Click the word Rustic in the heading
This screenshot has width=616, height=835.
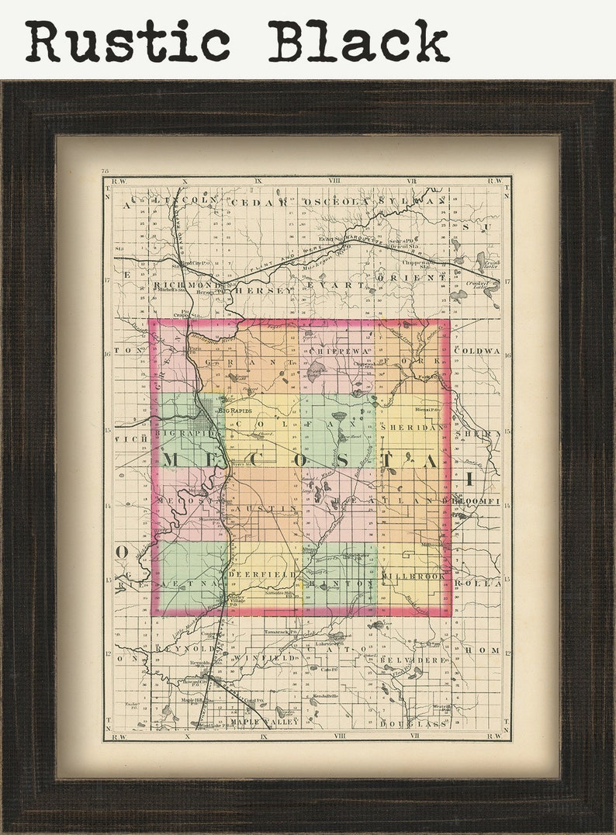[127, 40]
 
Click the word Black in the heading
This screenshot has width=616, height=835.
[358, 40]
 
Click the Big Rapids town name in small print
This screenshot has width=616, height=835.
[236, 409]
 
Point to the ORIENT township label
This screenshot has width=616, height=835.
[401, 276]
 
